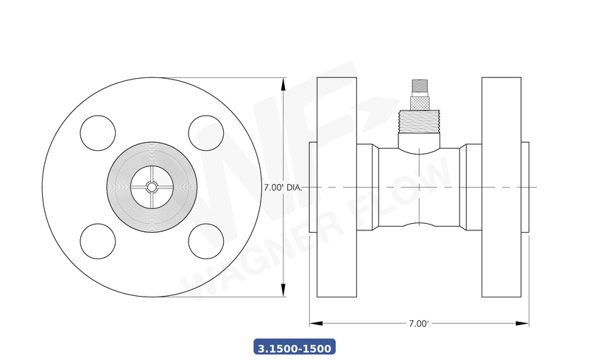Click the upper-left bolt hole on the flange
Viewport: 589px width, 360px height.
pos(98,133)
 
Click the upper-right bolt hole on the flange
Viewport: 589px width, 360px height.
pos(206,133)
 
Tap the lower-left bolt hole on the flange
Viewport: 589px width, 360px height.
pos(98,241)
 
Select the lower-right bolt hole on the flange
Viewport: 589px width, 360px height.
pos(206,241)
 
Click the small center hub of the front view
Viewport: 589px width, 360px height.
pos(152,187)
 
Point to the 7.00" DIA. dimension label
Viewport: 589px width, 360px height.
pos(283,188)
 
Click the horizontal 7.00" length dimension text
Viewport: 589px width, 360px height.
pos(418,323)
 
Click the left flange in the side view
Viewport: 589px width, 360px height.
pos(337,187)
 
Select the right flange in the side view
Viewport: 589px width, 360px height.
pos(502,187)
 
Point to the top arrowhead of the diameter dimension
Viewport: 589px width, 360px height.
pos(284,82)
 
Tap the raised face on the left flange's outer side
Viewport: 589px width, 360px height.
pos(313,187)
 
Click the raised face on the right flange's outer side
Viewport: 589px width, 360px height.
pos(526,187)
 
